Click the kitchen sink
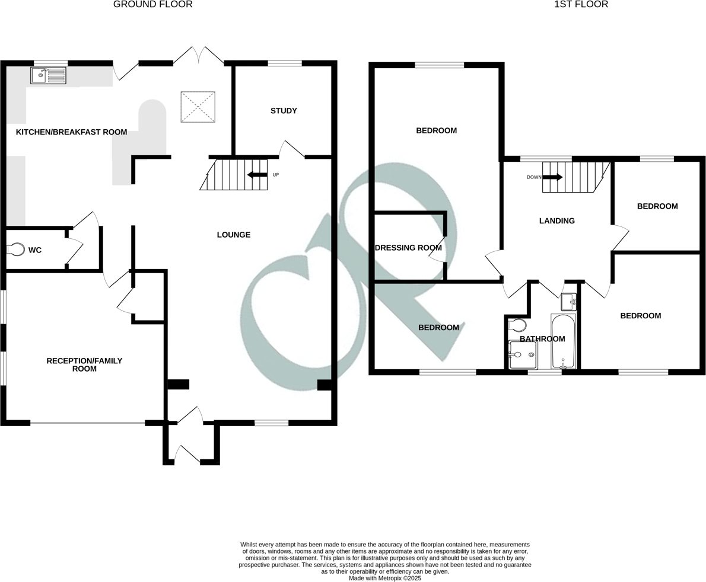click(49, 75)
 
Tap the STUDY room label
click(284, 111)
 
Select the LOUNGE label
click(234, 235)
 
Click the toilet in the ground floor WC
click(17, 250)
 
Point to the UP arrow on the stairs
click(257, 175)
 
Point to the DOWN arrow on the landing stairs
click(552, 177)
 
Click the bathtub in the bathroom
click(563, 342)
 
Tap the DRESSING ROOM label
click(408, 248)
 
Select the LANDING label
click(556, 221)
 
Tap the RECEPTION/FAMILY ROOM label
click(84, 364)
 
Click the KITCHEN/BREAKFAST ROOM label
click(71, 132)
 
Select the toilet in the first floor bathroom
click(518, 325)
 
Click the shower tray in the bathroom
click(523, 354)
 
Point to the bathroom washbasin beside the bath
click(568, 302)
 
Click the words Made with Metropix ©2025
click(384, 578)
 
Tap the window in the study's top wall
click(284, 63)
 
